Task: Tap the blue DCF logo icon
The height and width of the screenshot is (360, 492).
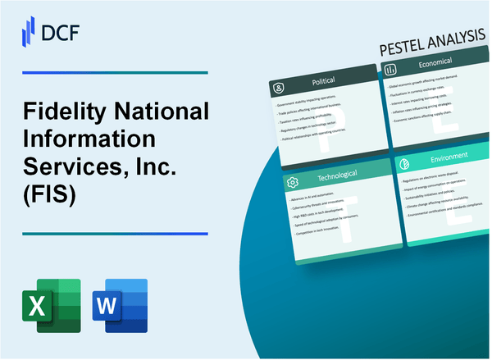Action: tap(25, 31)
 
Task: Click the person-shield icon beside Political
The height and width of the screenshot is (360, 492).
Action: tap(278, 86)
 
